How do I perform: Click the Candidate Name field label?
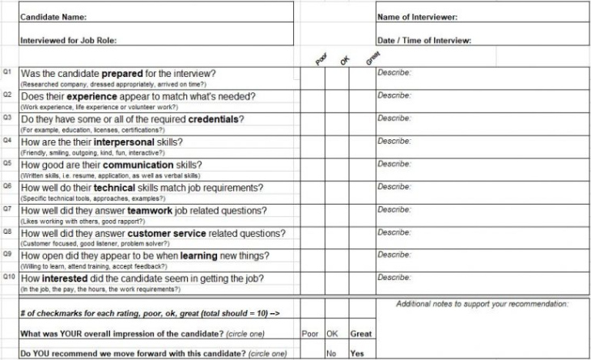[53, 17]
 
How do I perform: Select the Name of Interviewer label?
[418, 17]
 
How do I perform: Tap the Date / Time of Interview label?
[424, 40]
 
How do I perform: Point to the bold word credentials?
[214, 119]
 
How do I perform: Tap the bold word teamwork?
[151, 210]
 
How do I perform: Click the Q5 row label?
[7, 163]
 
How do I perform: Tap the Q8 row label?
[7, 231]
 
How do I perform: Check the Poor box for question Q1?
[313, 77]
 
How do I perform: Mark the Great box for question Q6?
[361, 191]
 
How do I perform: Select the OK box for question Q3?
[337, 123]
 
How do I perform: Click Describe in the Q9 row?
[394, 255]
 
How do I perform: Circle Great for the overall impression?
[360, 333]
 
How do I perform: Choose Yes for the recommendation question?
[357, 354]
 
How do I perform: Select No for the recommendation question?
[331, 354]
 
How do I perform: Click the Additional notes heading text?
[482, 304]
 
